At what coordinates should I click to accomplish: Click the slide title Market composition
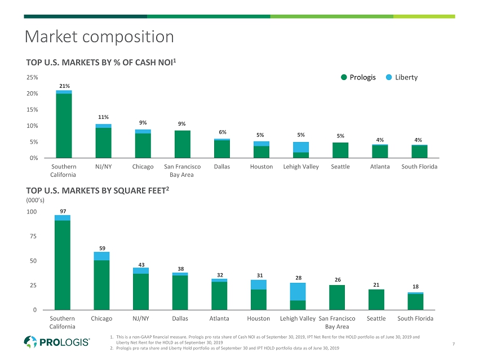tap(99, 37)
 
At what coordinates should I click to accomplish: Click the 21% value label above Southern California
tap(64, 86)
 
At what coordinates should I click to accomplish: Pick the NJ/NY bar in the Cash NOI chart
tap(103, 141)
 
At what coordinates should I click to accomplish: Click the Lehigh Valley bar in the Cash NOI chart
tap(300, 150)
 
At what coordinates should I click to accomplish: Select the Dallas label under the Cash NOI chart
tap(221, 167)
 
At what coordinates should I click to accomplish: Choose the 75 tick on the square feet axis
tap(33, 237)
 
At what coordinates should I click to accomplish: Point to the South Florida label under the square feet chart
tap(415, 319)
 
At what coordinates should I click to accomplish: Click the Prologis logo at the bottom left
tap(57, 342)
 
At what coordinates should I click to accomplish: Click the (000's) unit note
tap(35, 200)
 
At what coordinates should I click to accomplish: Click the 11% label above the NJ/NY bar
tap(103, 117)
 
